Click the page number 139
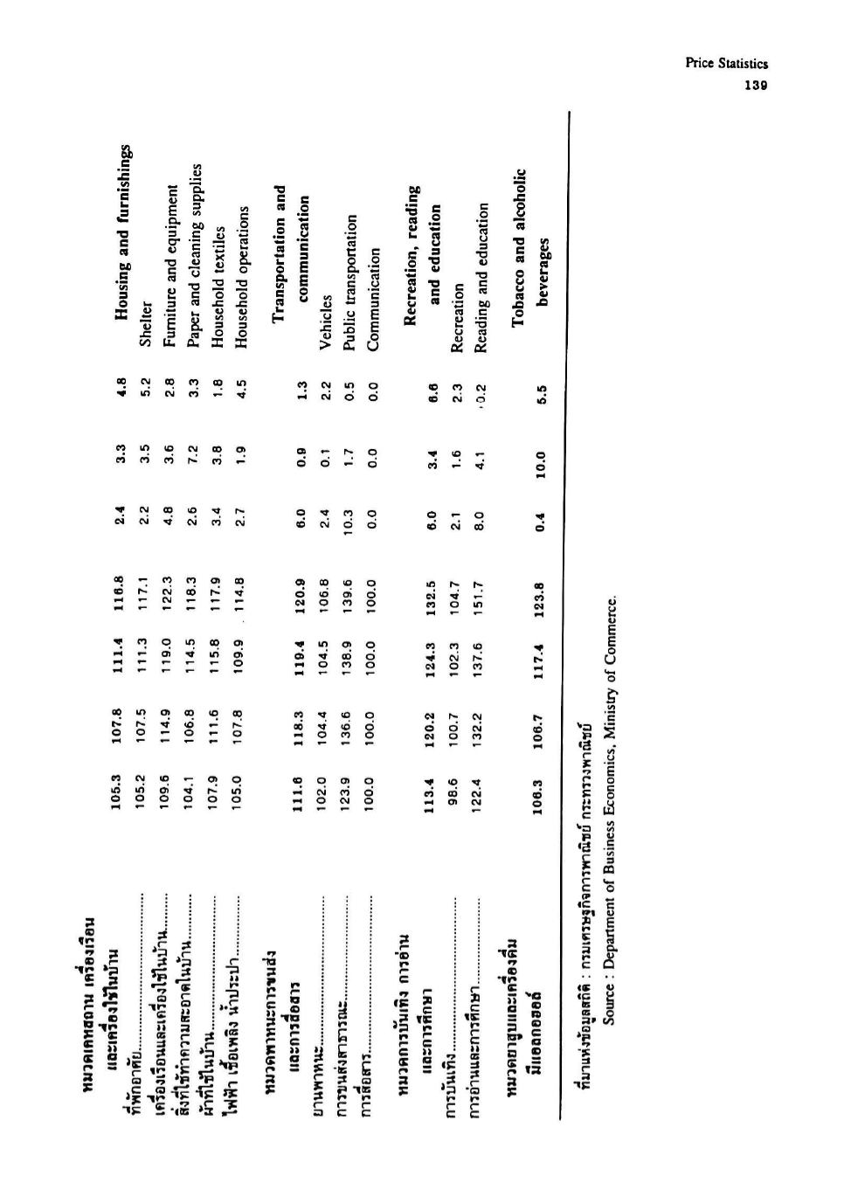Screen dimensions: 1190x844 [756, 85]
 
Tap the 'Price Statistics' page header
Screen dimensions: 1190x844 [726, 64]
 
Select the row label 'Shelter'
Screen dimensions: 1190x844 [146, 324]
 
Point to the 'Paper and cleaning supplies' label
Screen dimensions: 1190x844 [194, 256]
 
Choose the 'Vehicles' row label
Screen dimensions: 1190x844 [326, 322]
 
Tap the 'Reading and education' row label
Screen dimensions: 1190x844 [481, 278]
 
